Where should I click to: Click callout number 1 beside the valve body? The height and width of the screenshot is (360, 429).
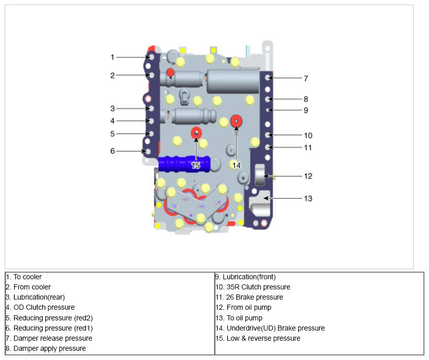click(x=112, y=57)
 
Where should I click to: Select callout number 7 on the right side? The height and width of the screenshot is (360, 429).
click(x=306, y=79)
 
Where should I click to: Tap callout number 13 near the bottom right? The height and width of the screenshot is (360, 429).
click(x=308, y=199)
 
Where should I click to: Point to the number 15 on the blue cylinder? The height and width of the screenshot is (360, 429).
click(x=196, y=166)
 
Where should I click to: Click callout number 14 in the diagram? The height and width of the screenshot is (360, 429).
click(x=236, y=166)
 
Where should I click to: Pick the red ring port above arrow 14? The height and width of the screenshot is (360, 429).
click(x=236, y=121)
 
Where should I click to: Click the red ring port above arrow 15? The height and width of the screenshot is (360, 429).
click(x=196, y=133)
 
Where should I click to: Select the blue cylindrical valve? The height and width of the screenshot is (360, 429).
click(x=184, y=164)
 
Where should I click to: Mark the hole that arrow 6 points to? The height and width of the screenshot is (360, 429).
click(x=148, y=151)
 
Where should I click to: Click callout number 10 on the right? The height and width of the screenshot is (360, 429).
click(x=308, y=135)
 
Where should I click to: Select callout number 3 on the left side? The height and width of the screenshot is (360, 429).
click(x=112, y=109)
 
